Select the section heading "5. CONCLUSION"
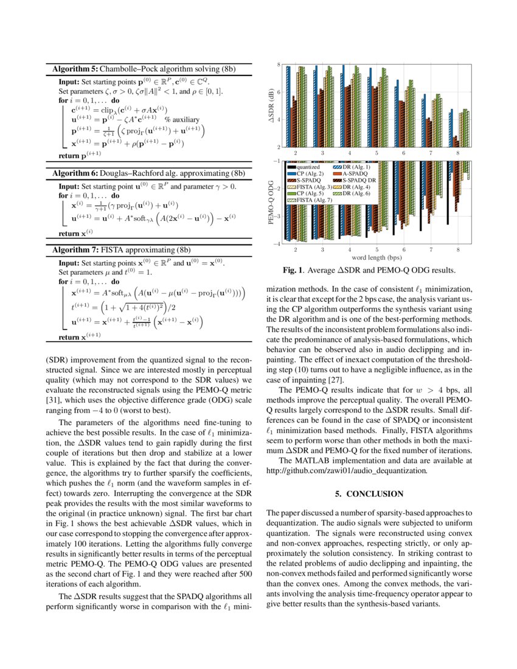[369, 493]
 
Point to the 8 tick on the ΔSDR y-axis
[279, 64]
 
